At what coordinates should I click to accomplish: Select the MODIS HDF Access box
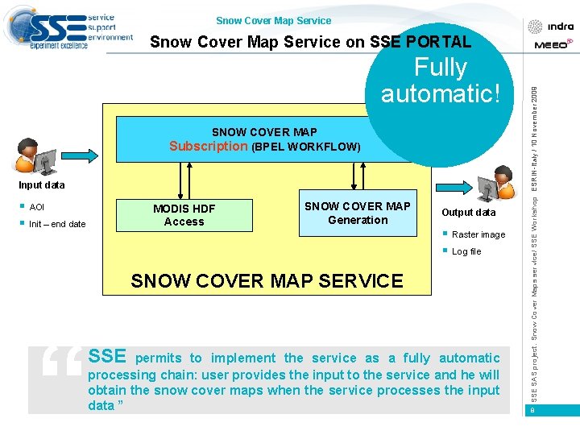point(184,216)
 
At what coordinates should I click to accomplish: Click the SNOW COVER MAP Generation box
point(358,213)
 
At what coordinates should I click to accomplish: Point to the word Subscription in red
point(208,147)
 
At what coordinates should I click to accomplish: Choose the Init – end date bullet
point(56,224)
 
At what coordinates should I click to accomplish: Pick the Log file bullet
point(466,252)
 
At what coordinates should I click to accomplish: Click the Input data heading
point(42,185)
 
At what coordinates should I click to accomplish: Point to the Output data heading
point(469,213)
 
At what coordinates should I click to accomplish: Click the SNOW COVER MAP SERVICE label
point(267,281)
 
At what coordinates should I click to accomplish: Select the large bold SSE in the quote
point(107,357)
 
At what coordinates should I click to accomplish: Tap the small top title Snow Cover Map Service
point(274,21)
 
